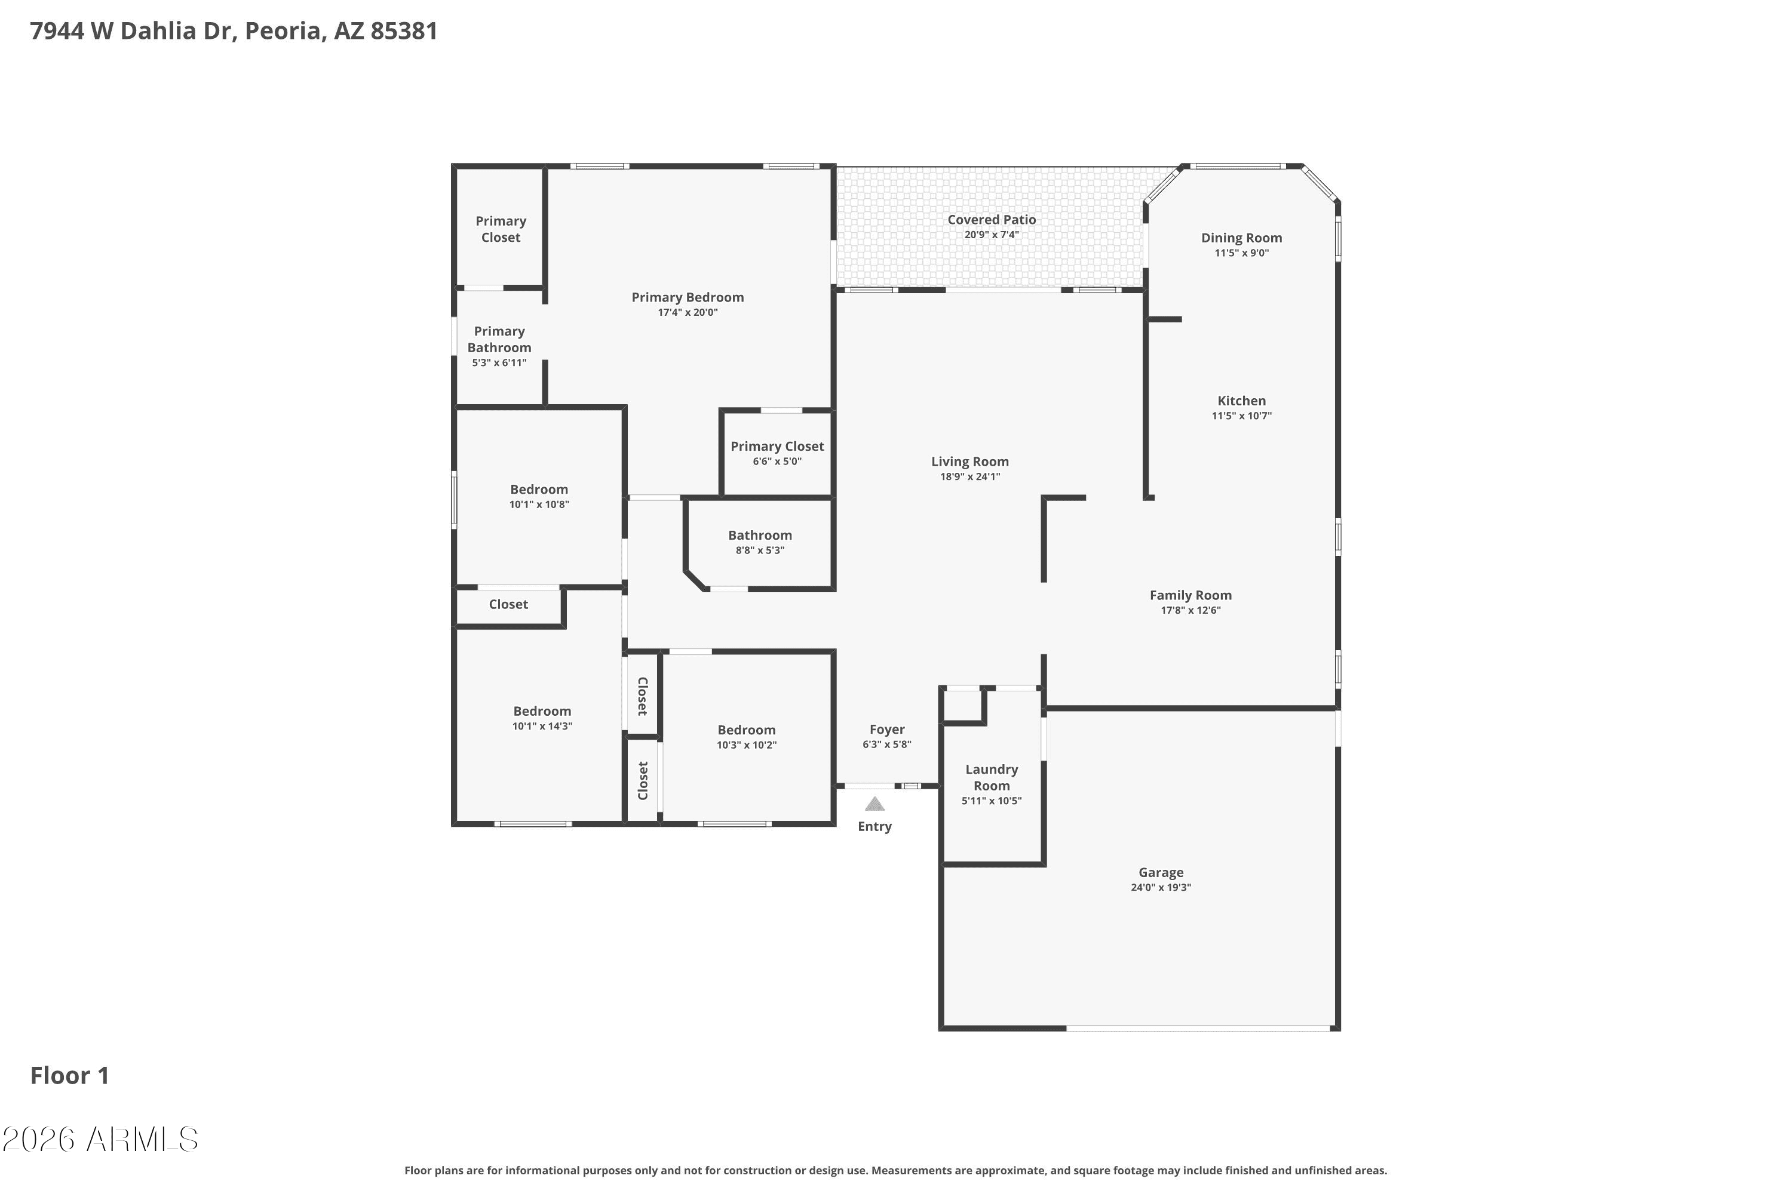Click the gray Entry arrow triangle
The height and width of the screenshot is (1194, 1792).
pyautogui.click(x=874, y=804)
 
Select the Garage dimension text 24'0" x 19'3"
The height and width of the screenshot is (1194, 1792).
pyautogui.click(x=1161, y=887)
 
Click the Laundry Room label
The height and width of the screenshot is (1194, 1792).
pyautogui.click(x=991, y=777)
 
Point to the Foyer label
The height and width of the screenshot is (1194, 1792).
pyautogui.click(x=887, y=730)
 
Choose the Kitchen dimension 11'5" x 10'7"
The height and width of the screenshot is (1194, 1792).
pyautogui.click(x=1241, y=416)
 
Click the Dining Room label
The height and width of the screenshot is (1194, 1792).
pyautogui.click(x=1241, y=238)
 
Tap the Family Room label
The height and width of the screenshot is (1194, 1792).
pyautogui.click(x=1190, y=595)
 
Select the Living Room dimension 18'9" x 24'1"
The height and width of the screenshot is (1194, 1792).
pyautogui.click(x=970, y=476)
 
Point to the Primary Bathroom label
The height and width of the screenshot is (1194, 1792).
pyautogui.click(x=499, y=340)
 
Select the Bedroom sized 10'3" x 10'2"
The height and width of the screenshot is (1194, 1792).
pyautogui.click(x=746, y=730)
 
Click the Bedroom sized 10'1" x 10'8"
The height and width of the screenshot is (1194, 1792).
pyautogui.click(x=539, y=490)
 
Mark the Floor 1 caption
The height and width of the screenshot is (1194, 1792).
pyautogui.click(x=69, y=1076)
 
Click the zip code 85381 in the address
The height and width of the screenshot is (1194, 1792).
pyautogui.click(x=404, y=31)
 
